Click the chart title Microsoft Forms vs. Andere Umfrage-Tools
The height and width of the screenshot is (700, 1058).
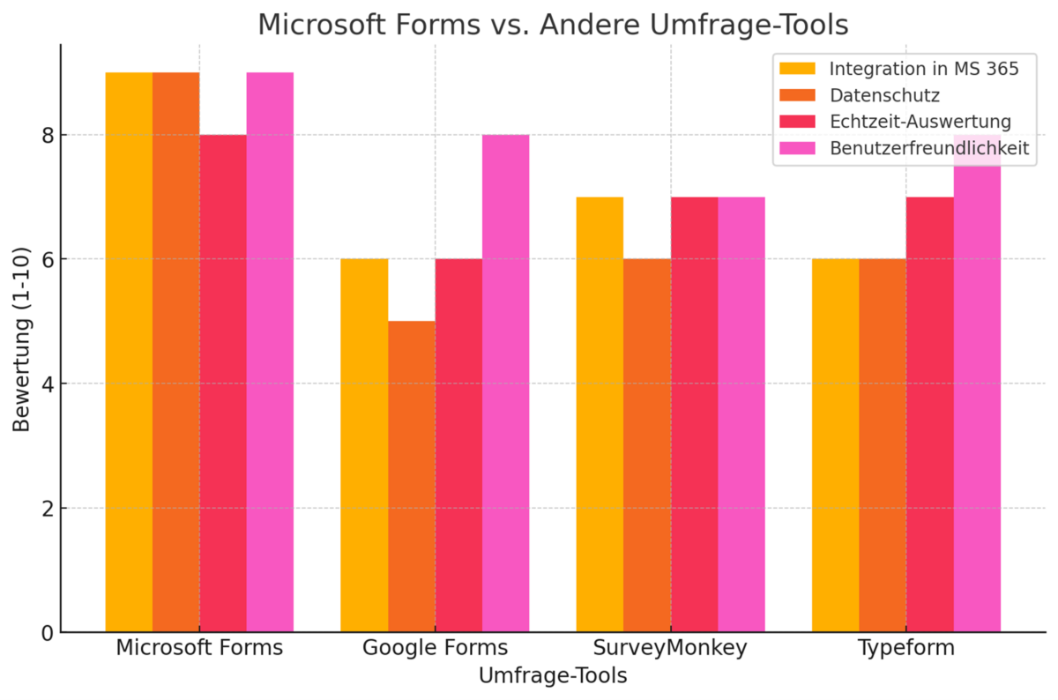[x=553, y=25]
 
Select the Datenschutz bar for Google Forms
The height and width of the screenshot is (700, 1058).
[x=411, y=476]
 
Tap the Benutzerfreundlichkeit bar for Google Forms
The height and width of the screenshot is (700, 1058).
[x=505, y=384]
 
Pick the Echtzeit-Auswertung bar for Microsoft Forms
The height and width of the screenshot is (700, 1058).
[x=223, y=384]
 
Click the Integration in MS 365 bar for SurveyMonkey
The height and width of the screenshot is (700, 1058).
[x=600, y=414]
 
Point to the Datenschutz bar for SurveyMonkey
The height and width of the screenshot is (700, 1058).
[x=647, y=445]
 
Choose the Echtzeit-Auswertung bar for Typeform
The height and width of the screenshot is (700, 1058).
[x=930, y=414]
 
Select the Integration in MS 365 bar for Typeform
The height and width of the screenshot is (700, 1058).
[x=835, y=445]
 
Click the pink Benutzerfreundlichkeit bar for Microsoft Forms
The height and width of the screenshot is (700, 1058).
[x=270, y=353]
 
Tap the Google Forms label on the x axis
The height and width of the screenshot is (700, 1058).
[x=435, y=648]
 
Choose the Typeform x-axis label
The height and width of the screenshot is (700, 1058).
[x=906, y=648]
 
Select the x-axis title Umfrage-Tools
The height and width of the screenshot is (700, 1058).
[x=553, y=676]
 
